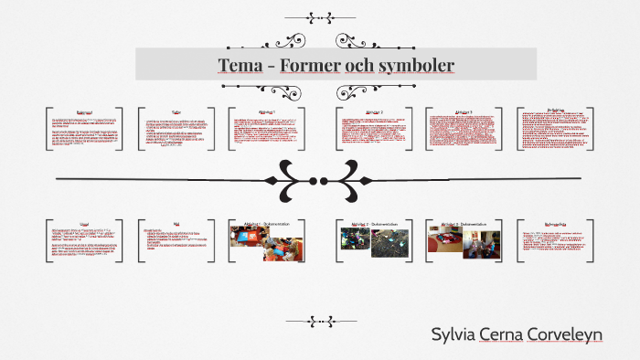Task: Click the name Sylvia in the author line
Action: (454, 334)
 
